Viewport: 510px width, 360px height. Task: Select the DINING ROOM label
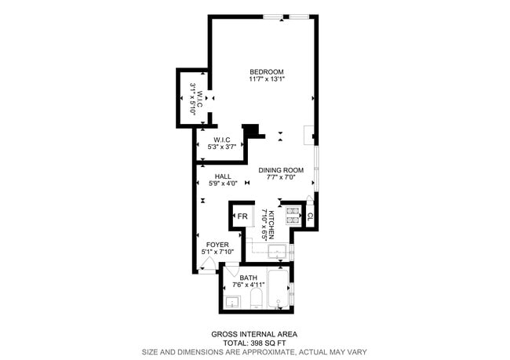click(281, 170)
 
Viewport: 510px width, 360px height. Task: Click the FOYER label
click(217, 245)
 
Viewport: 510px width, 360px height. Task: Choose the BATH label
click(248, 278)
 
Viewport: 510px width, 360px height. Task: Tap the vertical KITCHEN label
click(271, 225)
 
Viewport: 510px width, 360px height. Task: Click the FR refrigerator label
click(242, 216)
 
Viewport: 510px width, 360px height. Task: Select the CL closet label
click(310, 216)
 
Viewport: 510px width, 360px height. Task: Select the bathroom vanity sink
click(232, 301)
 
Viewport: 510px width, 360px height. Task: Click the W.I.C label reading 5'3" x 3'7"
click(221, 144)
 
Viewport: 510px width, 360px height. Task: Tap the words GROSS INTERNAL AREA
click(254, 333)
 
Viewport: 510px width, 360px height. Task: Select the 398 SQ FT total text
click(266, 343)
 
